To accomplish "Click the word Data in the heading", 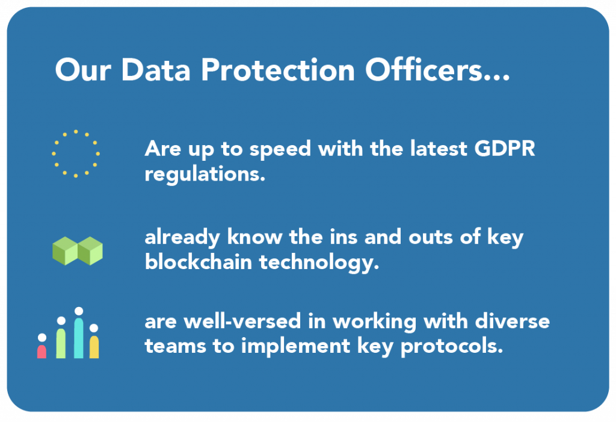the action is (156, 70).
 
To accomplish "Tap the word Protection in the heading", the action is (278, 70).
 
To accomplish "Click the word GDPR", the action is (505, 149).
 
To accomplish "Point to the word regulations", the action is (205, 175).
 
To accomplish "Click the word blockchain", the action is (198, 261).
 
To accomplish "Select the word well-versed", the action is (242, 321).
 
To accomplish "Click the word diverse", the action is (513, 321).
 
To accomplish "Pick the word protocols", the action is (452, 347).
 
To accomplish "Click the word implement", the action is (295, 347).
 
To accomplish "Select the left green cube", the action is (65, 251).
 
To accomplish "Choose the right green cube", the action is (90, 251).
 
